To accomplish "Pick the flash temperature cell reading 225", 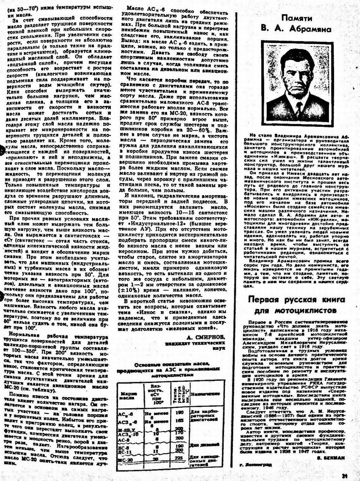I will tap(179, 459).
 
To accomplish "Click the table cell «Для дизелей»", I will tap(205, 444).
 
